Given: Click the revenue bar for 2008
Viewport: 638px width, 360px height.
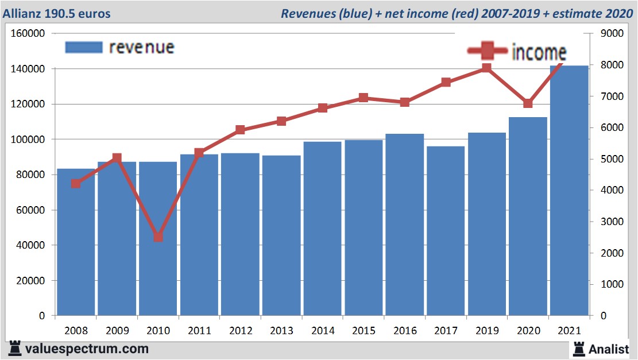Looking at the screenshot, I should [75, 242].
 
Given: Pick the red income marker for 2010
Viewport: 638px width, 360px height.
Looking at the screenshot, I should [158, 237].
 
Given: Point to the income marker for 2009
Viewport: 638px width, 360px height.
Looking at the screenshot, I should [117, 158].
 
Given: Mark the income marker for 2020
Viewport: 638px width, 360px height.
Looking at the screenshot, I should [528, 103].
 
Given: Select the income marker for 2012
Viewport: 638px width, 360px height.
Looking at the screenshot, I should [241, 130].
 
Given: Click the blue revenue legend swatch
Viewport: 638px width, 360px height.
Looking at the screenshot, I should [84, 47].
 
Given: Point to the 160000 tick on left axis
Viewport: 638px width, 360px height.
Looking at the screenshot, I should [28, 33].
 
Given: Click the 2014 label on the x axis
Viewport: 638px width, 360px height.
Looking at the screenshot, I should [323, 331].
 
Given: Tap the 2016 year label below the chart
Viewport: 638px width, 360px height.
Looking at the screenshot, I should [405, 331].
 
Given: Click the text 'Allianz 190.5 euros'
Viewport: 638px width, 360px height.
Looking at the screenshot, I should [57, 13].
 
